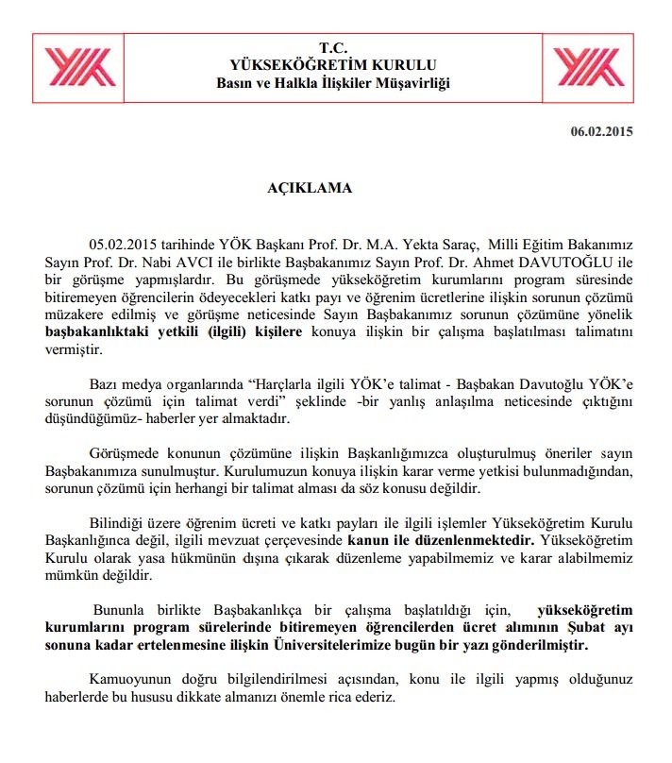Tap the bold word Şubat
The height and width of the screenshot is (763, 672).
(535, 630)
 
